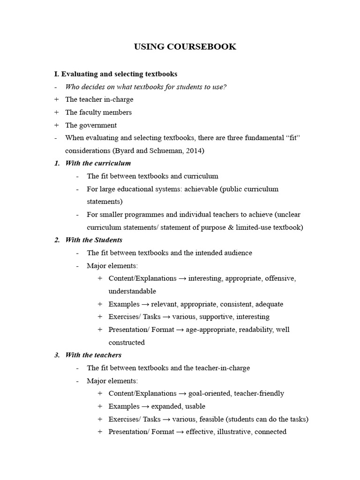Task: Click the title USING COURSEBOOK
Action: pyautogui.click(x=185, y=46)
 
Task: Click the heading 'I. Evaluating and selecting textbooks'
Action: pyautogui.click(x=116, y=74)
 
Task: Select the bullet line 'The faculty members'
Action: pyautogui.click(x=98, y=112)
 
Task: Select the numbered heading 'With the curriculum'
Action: pyautogui.click(x=98, y=164)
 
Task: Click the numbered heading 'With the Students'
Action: pyautogui.click(x=94, y=240)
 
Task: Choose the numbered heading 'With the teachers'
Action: pyautogui.click(x=93, y=355)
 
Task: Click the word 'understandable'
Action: pyautogui.click(x=132, y=291)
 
